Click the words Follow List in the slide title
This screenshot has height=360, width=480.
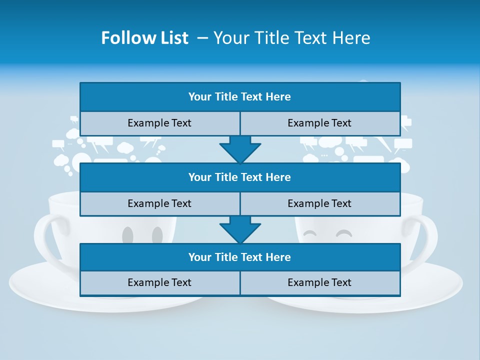point(144,38)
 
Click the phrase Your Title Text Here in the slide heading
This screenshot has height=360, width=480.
point(291,38)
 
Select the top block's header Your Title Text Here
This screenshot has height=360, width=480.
point(239,97)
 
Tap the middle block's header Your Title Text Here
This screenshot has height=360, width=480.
point(239,177)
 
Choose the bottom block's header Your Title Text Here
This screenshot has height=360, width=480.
point(239,257)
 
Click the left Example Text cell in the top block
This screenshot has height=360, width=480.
point(159,123)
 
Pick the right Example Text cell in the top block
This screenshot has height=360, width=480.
point(319,123)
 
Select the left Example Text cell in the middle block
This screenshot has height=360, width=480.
point(159,203)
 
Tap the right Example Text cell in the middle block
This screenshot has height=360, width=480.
point(319,203)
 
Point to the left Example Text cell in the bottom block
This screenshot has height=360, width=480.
point(159,282)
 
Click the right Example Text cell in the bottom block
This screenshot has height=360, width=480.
point(319,282)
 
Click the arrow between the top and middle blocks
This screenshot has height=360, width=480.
point(240,149)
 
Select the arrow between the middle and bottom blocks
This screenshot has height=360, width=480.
point(240,229)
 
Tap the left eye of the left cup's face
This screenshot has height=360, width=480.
point(127,234)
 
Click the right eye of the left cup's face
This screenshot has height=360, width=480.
point(157,234)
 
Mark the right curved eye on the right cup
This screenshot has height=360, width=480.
point(343,233)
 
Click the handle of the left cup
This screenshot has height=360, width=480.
point(42,235)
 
